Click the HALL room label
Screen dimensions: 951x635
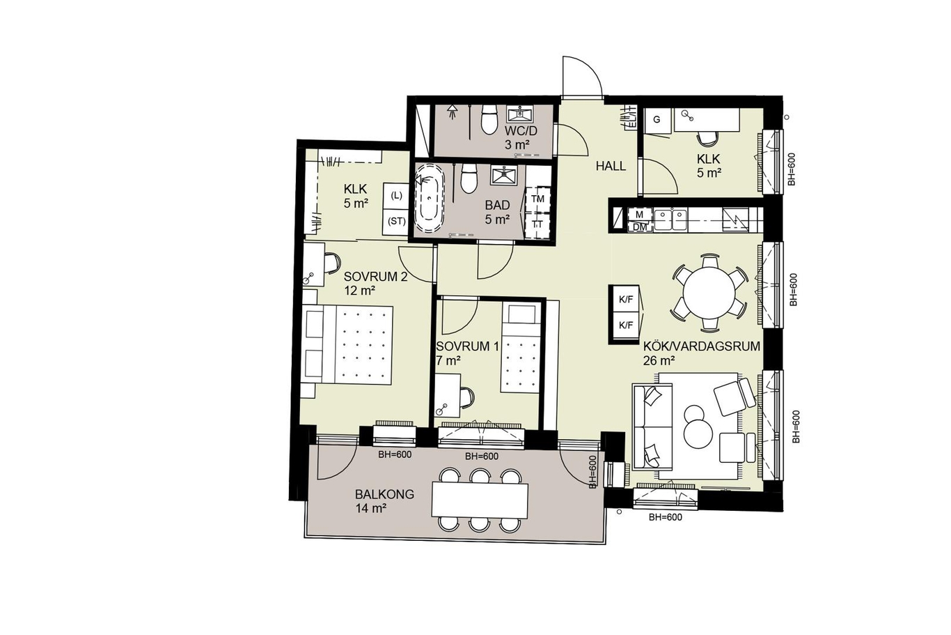pos(611,166)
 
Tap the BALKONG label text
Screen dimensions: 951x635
pos(384,494)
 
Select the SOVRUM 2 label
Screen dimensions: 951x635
pos(375,277)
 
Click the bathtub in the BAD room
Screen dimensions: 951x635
pos(430,198)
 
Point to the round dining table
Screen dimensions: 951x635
pos(709,292)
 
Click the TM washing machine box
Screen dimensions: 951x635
pos(537,199)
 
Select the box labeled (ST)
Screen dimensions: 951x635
pos(395,222)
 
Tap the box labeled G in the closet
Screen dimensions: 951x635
pos(657,121)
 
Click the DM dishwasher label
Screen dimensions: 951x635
pos(639,227)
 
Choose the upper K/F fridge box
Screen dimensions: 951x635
pos(625,300)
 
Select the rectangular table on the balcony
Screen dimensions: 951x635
pos(480,499)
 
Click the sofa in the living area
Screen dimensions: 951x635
pos(652,427)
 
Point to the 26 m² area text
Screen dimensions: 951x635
pos(659,360)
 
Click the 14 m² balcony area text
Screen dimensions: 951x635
pos(370,508)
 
